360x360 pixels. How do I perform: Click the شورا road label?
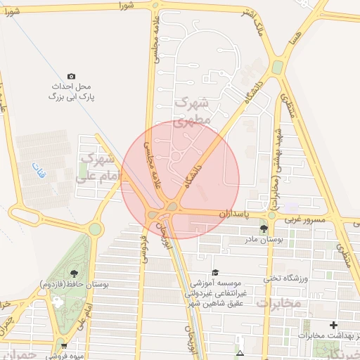click(x=126, y=6)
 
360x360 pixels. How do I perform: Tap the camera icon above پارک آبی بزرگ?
click(x=71, y=76)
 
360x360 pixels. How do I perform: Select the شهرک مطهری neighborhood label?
click(x=191, y=111)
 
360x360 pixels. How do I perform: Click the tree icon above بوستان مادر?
click(x=264, y=229)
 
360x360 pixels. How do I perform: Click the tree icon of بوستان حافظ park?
click(x=75, y=273)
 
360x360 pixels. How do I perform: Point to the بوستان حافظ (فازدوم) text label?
click(x=74, y=283)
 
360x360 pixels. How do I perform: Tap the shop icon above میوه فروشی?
click(x=64, y=345)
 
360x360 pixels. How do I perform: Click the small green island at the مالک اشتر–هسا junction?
click(x=278, y=67)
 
